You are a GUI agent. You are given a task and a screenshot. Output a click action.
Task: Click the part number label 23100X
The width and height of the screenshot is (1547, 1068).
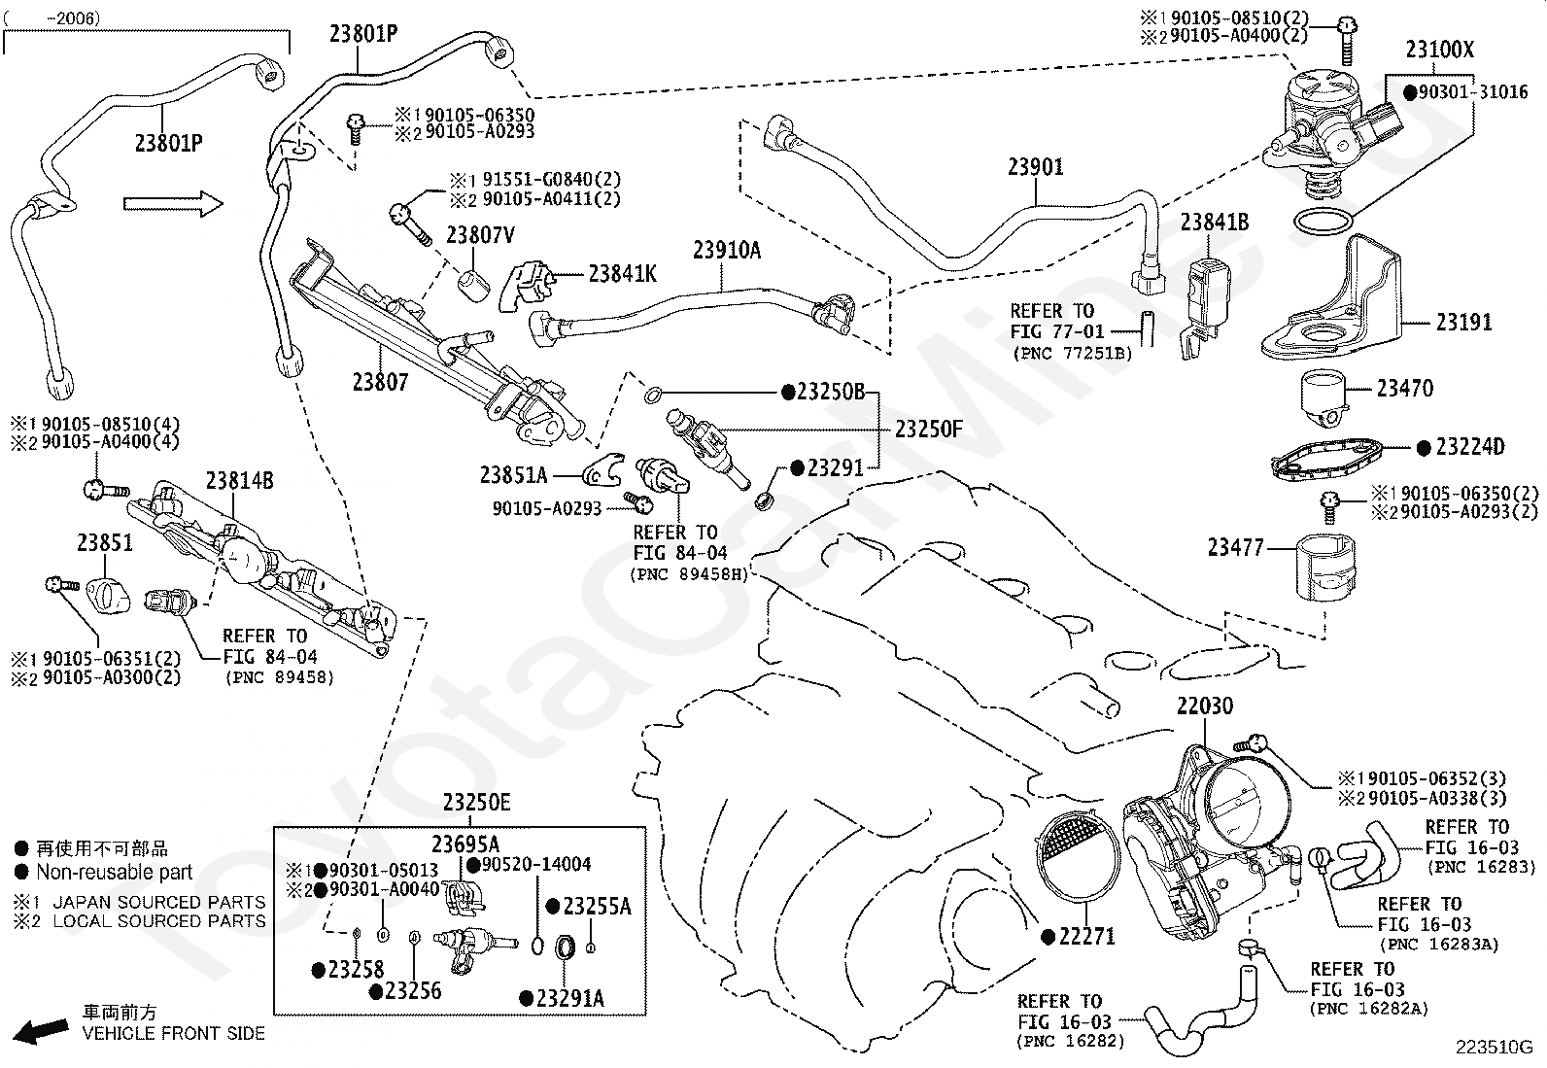coord(1440,50)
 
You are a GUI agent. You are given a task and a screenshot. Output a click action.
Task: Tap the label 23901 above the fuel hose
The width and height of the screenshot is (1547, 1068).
coord(1035,166)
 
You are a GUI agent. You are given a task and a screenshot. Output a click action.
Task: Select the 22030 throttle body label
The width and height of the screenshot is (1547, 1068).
coord(1205,706)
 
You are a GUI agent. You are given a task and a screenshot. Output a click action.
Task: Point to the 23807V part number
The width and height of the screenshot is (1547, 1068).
coord(480,235)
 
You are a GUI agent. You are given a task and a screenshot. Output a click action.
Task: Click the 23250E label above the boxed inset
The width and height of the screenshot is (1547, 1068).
coord(476,803)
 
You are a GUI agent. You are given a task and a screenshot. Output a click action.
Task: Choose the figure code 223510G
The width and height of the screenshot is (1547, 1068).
coord(1494,1048)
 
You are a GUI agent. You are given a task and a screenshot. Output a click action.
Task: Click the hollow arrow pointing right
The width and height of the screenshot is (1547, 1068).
coord(173,204)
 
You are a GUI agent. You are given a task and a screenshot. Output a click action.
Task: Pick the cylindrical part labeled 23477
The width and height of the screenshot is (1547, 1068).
coord(1324,568)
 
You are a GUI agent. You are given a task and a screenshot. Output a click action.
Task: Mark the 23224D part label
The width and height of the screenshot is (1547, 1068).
coord(1469,447)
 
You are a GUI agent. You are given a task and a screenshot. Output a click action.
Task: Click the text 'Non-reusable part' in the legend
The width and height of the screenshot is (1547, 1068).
coord(114,872)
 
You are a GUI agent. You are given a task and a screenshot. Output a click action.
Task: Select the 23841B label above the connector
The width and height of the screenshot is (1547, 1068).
coord(1214,223)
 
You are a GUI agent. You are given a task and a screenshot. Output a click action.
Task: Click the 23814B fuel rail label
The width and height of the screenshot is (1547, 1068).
coord(240,481)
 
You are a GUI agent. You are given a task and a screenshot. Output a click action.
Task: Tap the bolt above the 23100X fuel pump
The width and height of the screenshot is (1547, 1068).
coord(1346,40)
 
